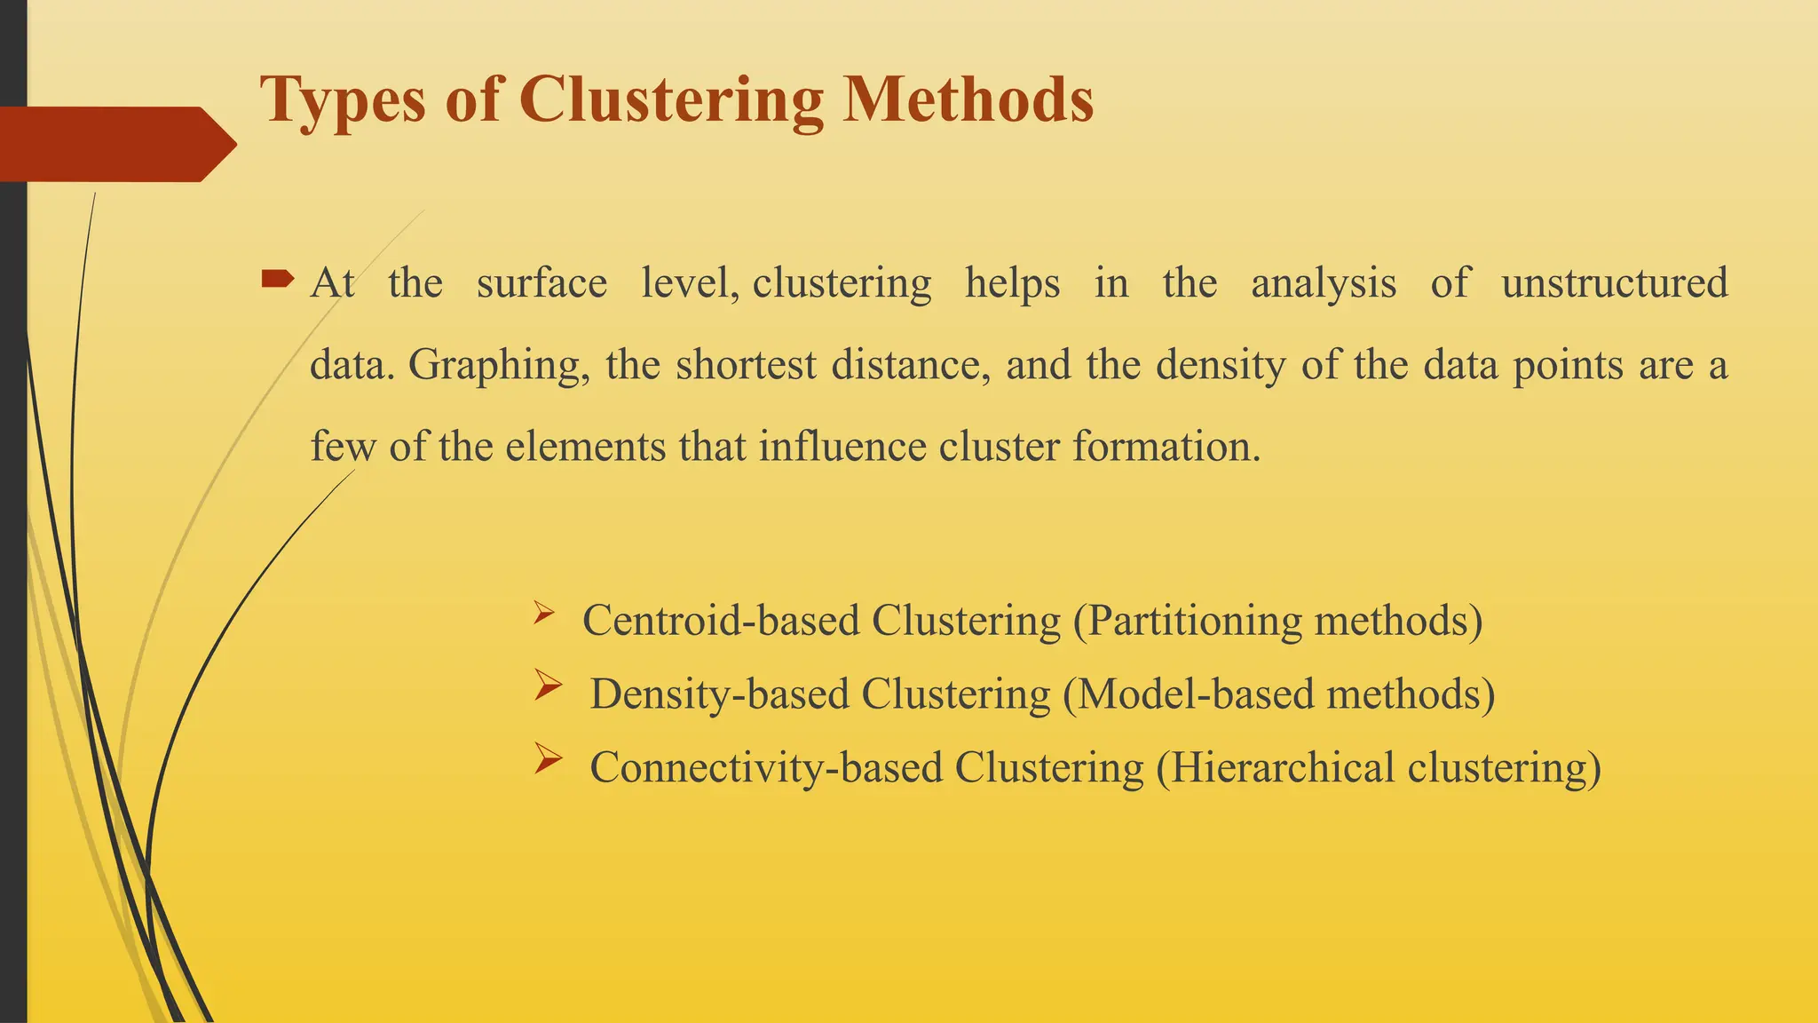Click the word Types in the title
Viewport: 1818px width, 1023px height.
(x=343, y=100)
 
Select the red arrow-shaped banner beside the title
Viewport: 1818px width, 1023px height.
(x=115, y=144)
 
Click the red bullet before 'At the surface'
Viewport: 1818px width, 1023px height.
(x=278, y=281)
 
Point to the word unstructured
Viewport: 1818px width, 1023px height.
(x=1614, y=283)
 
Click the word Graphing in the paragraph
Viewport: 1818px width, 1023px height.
(x=498, y=365)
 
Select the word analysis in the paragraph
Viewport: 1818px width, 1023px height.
(x=1323, y=283)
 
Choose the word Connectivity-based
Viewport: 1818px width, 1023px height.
(x=765, y=767)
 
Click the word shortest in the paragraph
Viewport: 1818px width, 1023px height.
(x=746, y=365)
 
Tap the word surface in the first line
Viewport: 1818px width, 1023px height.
(x=541, y=283)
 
